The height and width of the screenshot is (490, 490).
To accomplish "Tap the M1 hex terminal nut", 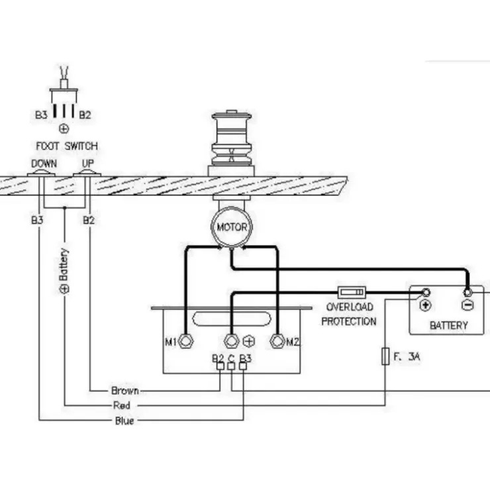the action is click(185, 341).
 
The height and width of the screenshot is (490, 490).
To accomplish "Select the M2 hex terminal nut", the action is click(277, 341).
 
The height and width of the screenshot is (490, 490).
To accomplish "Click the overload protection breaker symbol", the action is click(352, 293).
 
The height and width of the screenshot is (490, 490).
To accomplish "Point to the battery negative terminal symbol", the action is click(467, 305).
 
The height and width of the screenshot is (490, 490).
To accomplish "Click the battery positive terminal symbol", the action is click(425, 305).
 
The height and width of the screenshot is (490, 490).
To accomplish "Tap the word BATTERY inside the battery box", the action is click(449, 325).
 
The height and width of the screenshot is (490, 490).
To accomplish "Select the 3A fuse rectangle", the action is click(385, 356).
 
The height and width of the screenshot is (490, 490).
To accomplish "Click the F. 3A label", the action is click(407, 356).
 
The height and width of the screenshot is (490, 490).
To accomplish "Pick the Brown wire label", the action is click(125, 391).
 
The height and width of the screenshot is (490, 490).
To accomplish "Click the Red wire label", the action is click(122, 405).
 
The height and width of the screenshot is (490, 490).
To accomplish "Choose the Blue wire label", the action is click(124, 420).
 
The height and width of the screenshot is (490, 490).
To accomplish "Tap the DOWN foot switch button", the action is click(40, 173).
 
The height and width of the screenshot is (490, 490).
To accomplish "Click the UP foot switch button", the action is click(87, 173).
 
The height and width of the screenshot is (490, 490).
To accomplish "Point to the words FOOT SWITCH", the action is click(67, 146).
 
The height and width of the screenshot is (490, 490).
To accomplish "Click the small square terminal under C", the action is click(231, 366).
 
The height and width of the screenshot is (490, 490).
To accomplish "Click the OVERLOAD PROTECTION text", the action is click(349, 314).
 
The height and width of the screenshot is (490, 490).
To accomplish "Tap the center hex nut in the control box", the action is click(232, 341).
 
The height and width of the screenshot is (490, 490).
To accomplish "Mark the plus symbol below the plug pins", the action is click(64, 128).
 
